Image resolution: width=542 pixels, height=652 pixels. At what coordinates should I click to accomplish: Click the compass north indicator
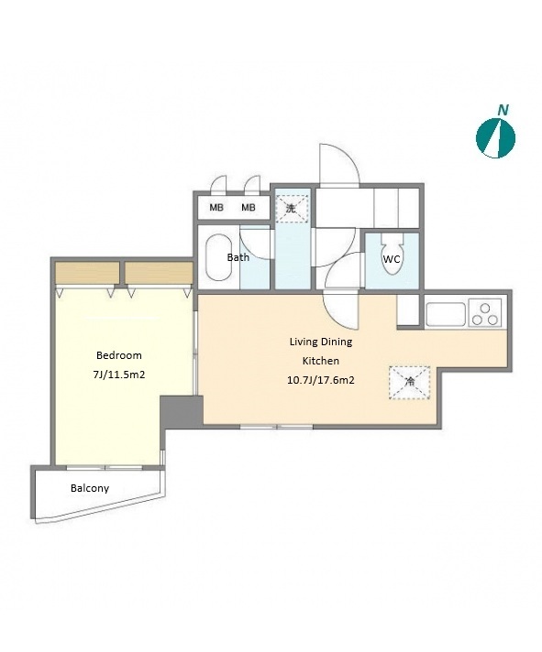coord(495,138)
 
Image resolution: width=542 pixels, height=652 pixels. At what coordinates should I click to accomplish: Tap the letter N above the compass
coord(503,110)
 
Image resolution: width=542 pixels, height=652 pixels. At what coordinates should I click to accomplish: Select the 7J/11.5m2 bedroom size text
coord(119,375)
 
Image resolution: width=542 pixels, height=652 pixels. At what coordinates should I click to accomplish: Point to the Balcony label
coord(90,488)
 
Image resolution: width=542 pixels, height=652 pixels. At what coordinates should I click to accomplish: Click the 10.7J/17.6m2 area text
coord(321,380)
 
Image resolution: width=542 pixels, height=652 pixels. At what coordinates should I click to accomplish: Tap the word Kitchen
coord(321,361)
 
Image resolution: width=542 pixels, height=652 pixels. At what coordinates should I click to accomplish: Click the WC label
coord(392,259)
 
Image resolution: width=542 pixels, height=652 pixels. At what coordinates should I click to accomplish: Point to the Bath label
coord(238,257)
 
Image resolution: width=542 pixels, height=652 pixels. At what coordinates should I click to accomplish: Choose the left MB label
coord(216,208)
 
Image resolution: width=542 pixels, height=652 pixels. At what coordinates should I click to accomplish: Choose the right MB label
coord(249,208)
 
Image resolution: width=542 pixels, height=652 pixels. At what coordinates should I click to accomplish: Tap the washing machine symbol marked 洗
coord(292,208)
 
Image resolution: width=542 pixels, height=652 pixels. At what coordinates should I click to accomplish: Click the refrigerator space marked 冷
coord(410,383)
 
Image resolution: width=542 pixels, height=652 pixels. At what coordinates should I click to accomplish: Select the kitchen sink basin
coord(446,314)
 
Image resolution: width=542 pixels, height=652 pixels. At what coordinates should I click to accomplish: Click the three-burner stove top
coord(485,312)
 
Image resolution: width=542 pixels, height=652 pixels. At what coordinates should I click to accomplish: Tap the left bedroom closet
coord(87,273)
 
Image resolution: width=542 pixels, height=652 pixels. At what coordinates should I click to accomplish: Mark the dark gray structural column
coord(182,411)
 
